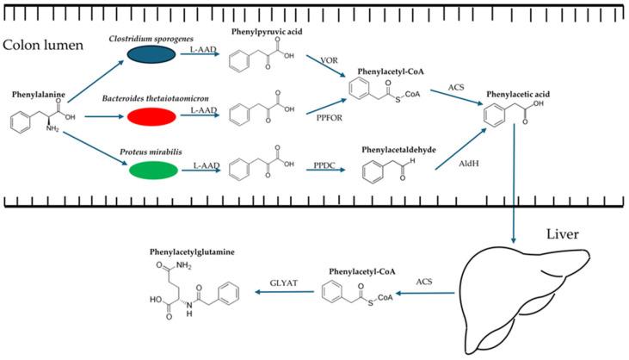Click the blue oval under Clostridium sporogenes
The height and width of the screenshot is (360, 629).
coord(156,54)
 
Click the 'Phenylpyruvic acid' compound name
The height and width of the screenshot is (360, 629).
coord(268,31)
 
